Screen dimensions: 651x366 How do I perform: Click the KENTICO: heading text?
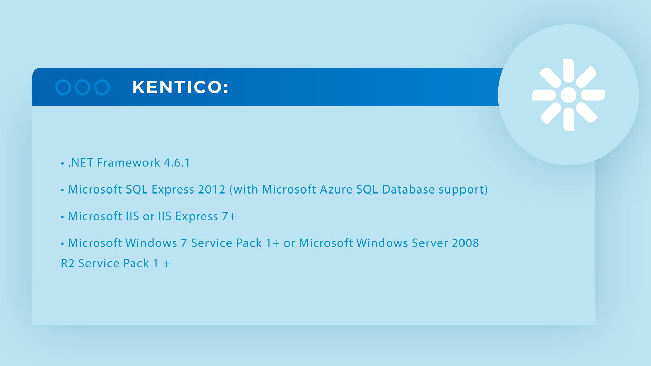coord(180,87)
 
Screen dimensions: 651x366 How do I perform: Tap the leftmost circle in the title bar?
coord(63,87)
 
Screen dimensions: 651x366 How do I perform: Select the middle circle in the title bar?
coord(82,87)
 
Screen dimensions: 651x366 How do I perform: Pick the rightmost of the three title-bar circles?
coord(102,87)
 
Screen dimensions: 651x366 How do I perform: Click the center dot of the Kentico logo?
coord(569,95)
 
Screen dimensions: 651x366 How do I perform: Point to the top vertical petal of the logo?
coord(569,70)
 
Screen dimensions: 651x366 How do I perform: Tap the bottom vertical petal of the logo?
coord(569,120)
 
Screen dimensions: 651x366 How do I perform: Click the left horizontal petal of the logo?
coord(544,95)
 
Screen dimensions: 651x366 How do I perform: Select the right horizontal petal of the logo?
coord(593,95)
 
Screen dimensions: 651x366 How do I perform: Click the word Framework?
coord(129,163)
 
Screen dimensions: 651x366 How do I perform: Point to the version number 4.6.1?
coord(177,163)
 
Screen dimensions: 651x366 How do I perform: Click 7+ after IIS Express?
coord(229,216)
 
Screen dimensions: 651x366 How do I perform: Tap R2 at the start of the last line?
coord(67,263)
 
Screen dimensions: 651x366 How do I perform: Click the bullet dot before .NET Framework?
coord(62,164)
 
